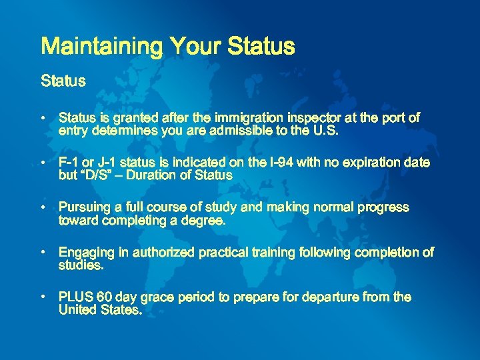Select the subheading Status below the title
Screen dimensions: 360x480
(63, 81)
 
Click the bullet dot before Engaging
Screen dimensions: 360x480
(42, 253)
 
